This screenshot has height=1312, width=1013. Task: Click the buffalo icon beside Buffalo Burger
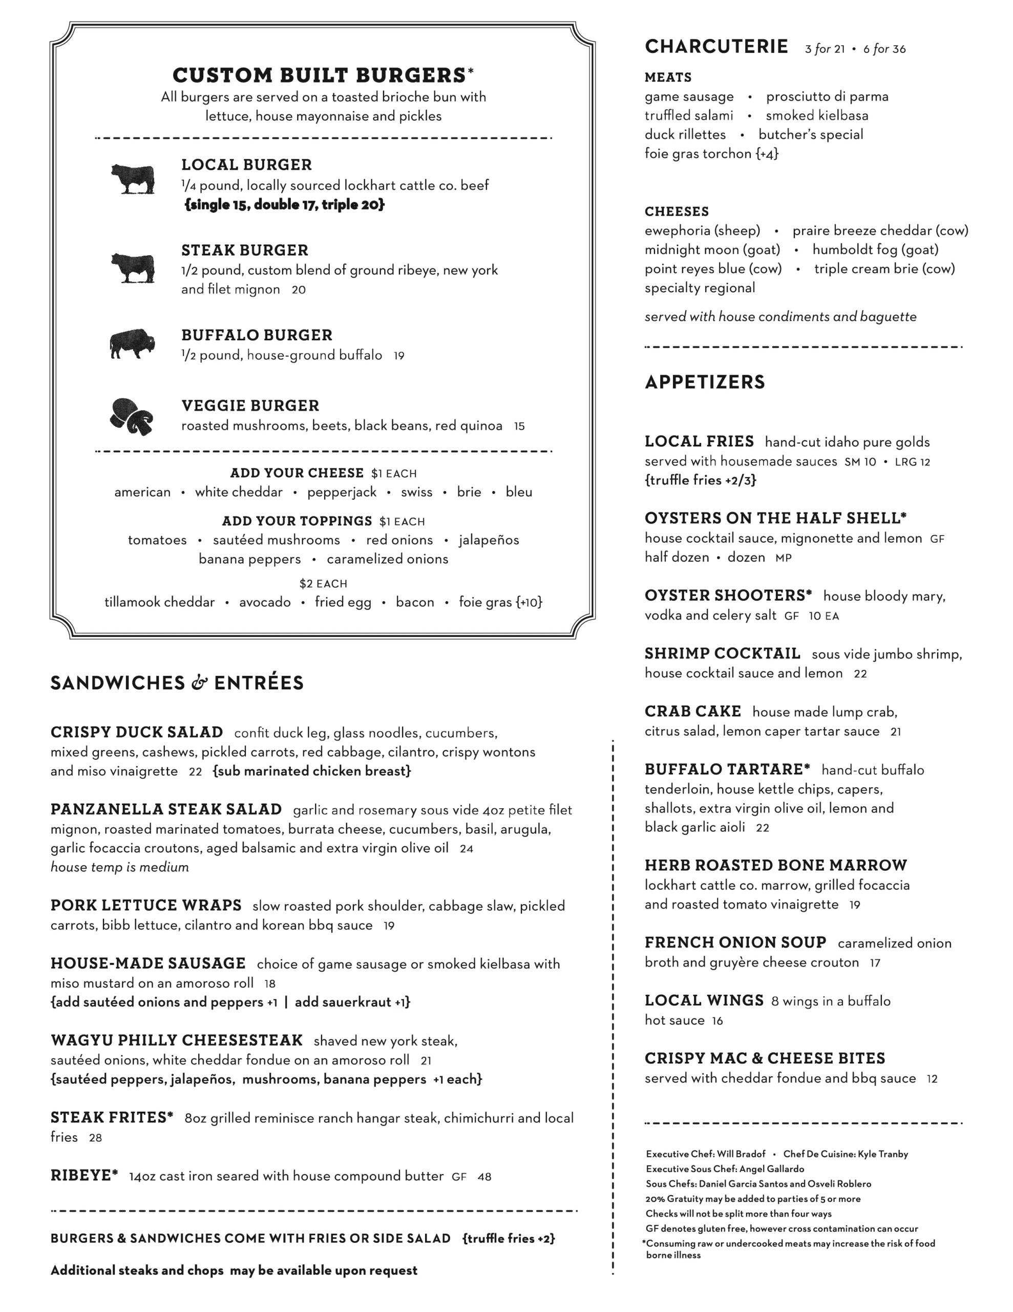click(132, 343)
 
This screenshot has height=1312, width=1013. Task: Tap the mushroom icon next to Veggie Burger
click(132, 416)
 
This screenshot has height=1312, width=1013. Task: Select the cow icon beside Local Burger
click(133, 178)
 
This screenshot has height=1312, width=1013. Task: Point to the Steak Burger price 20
click(299, 290)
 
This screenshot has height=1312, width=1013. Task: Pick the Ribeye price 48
click(484, 1177)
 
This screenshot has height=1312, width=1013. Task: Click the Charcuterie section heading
click(716, 46)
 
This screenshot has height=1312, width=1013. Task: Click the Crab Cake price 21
click(895, 732)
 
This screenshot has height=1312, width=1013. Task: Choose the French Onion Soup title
click(735, 942)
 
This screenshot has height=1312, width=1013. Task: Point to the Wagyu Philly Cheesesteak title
click(177, 1040)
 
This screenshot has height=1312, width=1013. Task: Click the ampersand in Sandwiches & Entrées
click(199, 683)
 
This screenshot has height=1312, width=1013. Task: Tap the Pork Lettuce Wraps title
click(146, 905)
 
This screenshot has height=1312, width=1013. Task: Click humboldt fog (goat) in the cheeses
click(875, 250)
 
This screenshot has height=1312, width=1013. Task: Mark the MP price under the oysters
click(783, 558)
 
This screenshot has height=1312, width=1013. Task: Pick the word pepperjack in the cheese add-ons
click(342, 493)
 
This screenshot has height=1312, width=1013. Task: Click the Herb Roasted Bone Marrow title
click(775, 865)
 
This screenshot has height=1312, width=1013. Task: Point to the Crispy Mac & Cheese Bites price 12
click(932, 1079)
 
